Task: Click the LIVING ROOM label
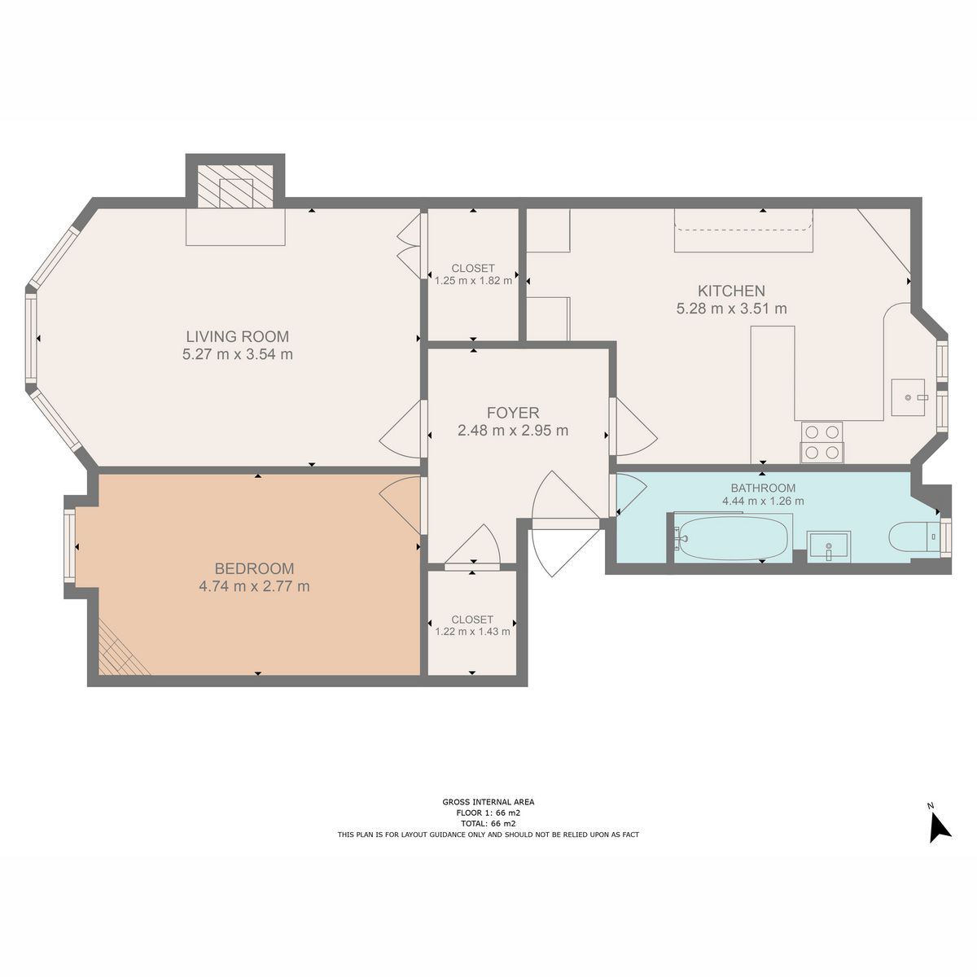(x=237, y=336)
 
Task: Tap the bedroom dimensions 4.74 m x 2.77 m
(x=254, y=586)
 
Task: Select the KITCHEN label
(x=731, y=291)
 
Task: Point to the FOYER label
(x=513, y=413)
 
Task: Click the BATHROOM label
(x=763, y=488)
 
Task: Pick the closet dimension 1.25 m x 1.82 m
(x=473, y=281)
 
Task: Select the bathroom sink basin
(x=828, y=544)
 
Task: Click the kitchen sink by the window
(x=909, y=397)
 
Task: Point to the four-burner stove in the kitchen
(x=821, y=442)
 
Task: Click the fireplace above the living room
(x=235, y=186)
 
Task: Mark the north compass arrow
(x=939, y=826)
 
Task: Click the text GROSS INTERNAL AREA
(x=488, y=802)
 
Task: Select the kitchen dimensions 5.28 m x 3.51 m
(x=731, y=309)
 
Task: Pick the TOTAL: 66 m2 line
(x=488, y=823)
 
